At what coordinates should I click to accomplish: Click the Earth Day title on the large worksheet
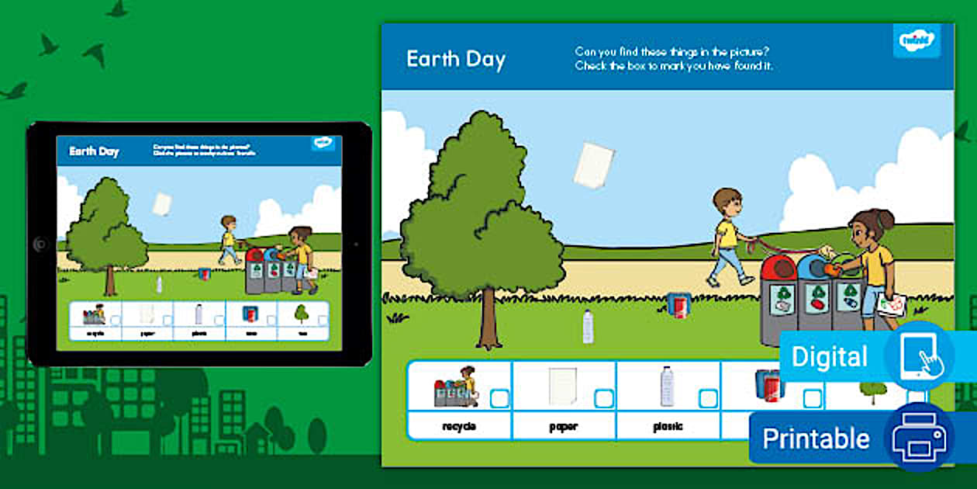pos(456,60)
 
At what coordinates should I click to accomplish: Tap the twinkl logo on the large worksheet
pos(916,40)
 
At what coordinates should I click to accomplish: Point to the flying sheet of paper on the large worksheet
pos(594,165)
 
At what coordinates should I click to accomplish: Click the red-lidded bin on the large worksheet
pos(778,299)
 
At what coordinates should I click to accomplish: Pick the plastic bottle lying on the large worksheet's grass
pos(588,326)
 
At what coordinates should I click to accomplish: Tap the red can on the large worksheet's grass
pos(678,304)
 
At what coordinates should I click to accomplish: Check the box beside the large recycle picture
pos(499,398)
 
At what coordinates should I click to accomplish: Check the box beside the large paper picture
pos(603,398)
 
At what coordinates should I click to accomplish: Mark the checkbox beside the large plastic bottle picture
pos(707,398)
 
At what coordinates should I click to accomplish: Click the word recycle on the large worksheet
pos(459,426)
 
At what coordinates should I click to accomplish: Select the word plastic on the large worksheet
pos(667,426)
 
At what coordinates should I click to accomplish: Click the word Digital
pos(829,357)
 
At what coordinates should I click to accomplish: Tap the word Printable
pos(816,439)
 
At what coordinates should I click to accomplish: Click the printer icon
pos(919,438)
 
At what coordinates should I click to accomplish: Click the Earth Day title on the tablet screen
pos(94,151)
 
